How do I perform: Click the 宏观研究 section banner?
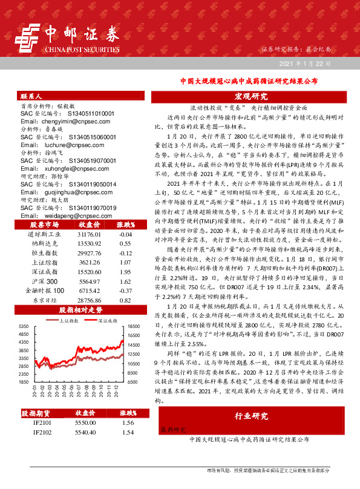click(250, 96)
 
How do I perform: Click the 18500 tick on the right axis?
click(134, 326)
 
